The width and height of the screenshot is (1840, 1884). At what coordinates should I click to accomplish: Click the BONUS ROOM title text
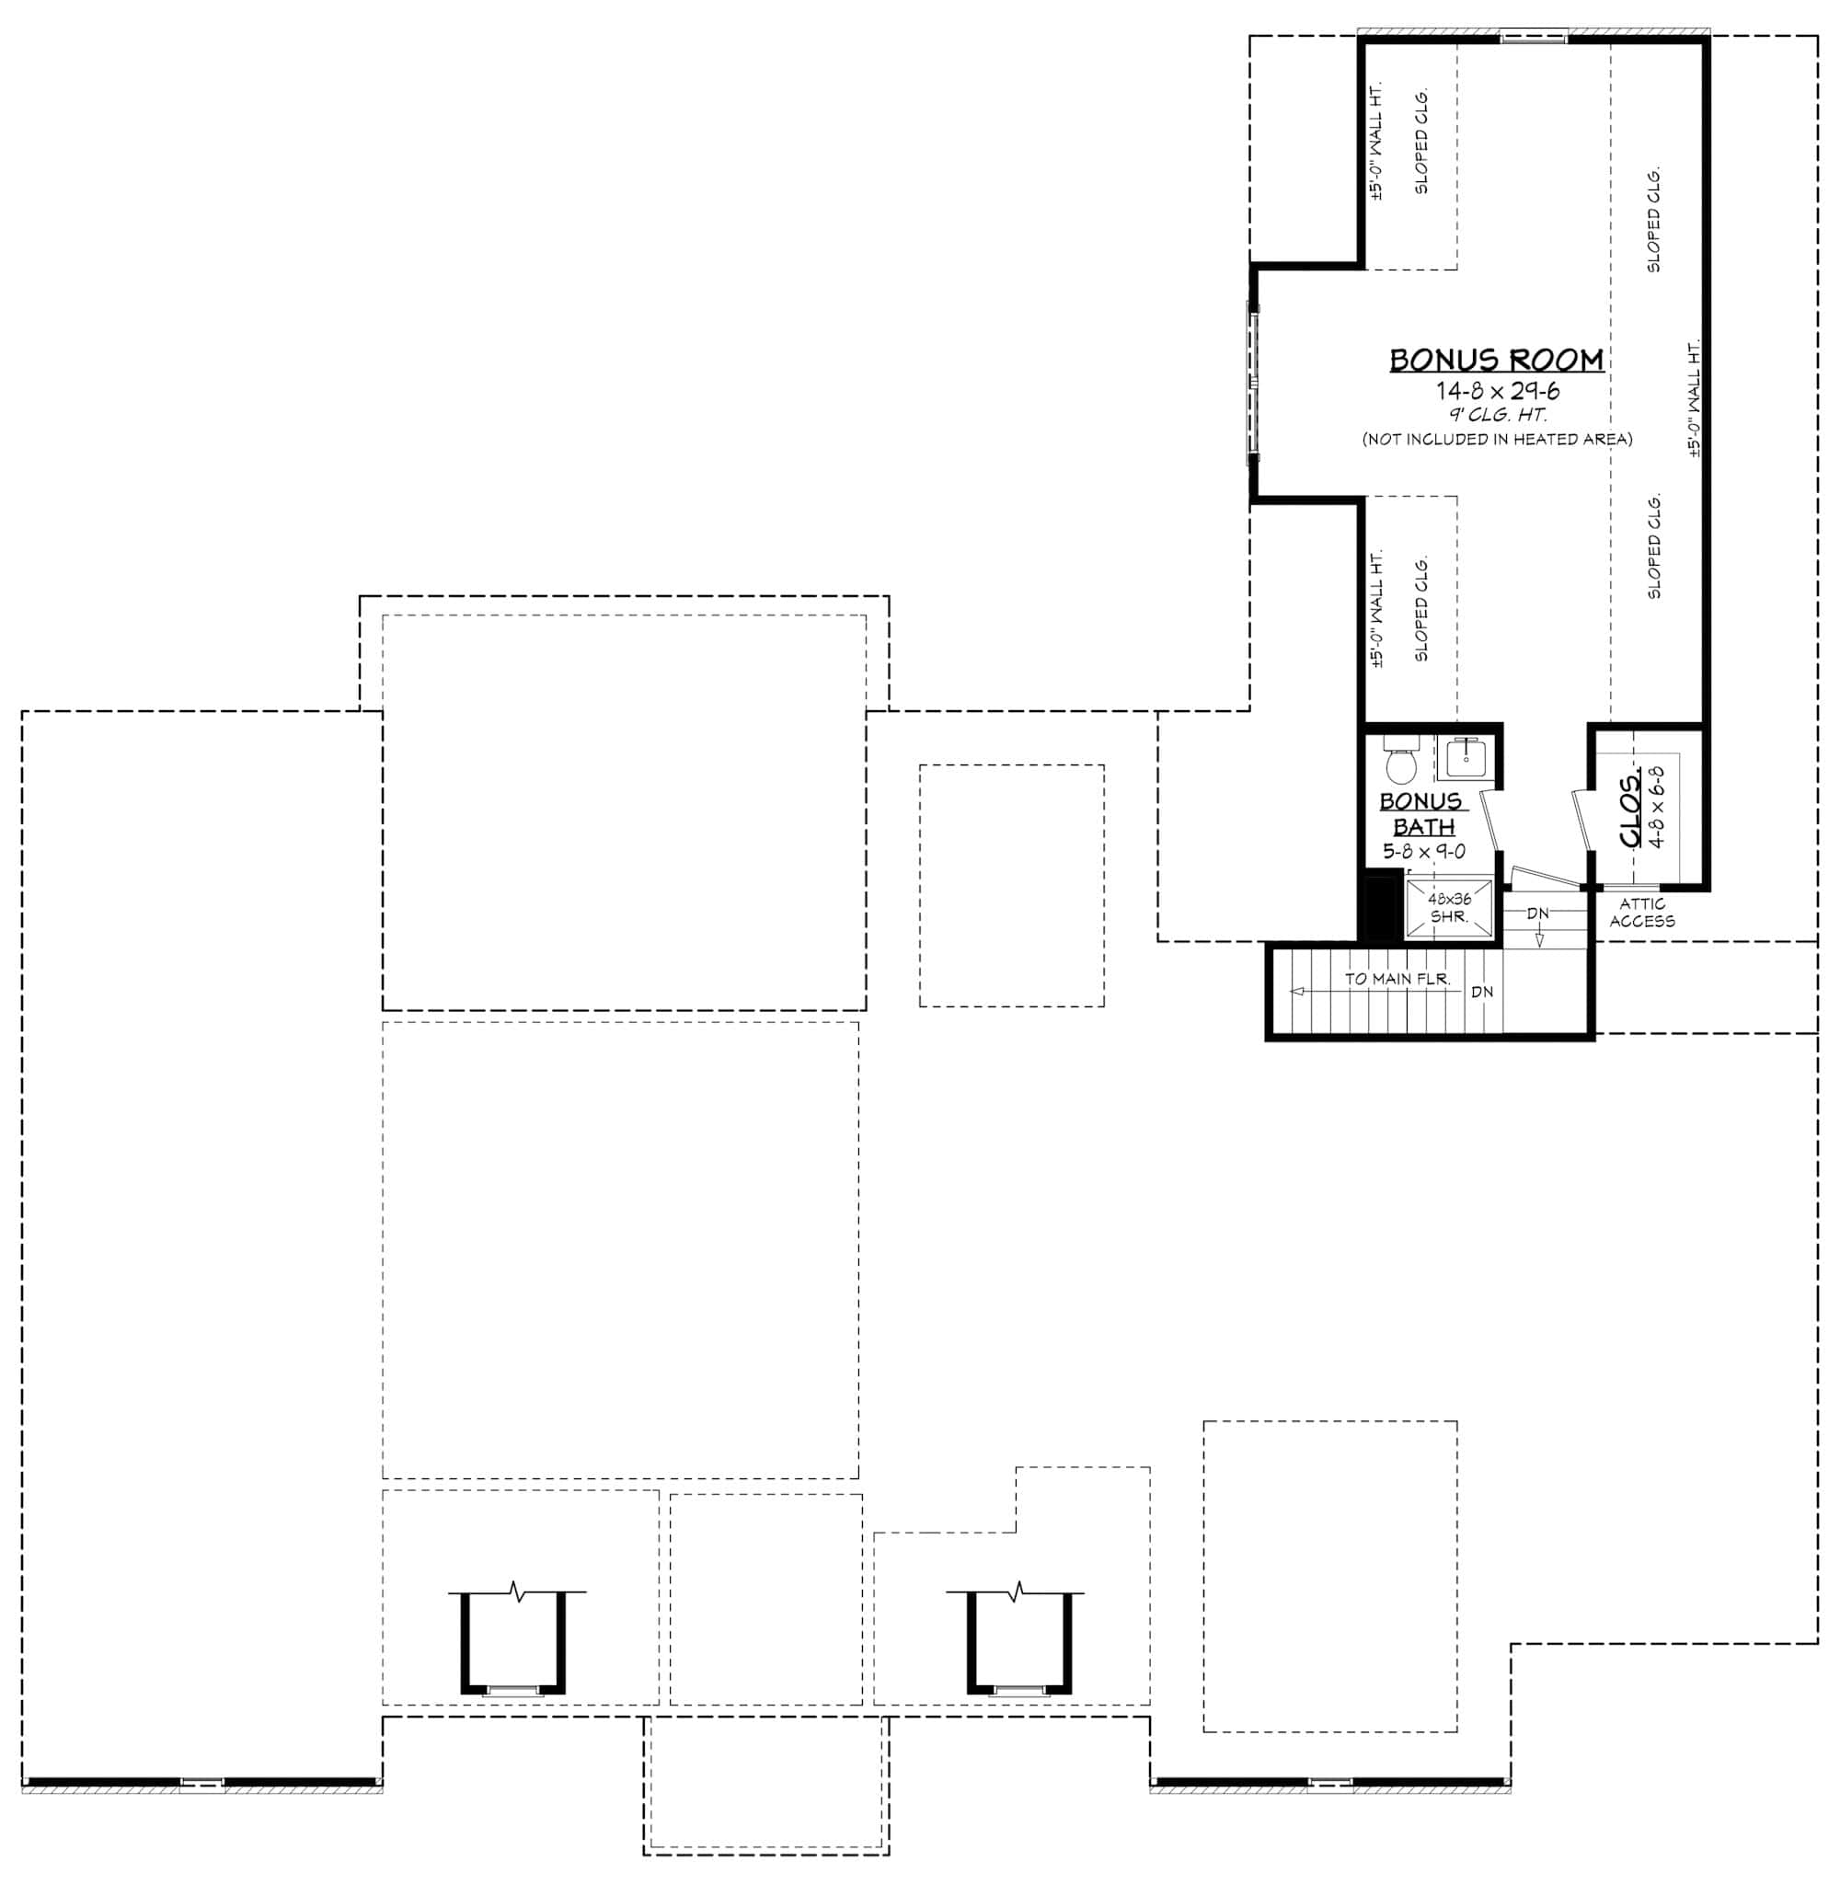tap(1496, 361)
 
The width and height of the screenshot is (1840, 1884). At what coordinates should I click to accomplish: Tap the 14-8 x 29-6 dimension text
tap(1497, 391)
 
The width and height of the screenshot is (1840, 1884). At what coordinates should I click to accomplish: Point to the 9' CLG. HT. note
tap(1497, 416)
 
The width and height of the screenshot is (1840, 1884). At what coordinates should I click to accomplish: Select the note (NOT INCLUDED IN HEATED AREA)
tap(1497, 440)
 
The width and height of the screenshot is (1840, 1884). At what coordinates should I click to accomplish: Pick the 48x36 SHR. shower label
tap(1449, 908)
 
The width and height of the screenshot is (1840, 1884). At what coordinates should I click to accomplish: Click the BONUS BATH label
tap(1421, 814)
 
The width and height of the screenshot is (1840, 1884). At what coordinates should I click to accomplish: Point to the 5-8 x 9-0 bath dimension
tap(1423, 852)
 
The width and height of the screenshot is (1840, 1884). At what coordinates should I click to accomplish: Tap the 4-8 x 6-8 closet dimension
tap(1657, 808)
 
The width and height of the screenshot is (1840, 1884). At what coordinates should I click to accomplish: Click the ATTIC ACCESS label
tap(1642, 913)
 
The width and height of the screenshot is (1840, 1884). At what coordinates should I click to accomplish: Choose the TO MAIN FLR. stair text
tap(1397, 979)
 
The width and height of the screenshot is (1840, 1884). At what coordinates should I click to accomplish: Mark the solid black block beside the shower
tap(1380, 905)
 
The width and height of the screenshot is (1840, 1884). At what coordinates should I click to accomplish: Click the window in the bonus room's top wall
tap(1534, 39)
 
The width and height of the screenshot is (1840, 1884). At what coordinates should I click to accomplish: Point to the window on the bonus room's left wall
tap(1253, 383)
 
